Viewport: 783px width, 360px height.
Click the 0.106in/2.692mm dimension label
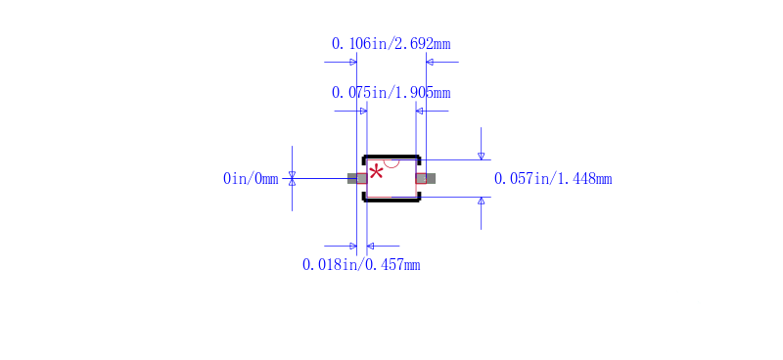[391, 44]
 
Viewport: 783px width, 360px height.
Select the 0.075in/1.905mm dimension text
[391, 93]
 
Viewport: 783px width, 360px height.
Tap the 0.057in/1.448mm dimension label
[553, 178]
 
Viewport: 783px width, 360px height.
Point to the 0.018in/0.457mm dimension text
[361, 265]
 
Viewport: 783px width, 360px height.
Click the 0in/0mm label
[251, 178]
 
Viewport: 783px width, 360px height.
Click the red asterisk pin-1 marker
[376, 174]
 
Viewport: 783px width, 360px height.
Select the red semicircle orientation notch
[391, 163]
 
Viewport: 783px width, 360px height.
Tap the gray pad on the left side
[357, 178]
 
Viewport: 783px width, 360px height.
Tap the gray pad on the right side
[426, 178]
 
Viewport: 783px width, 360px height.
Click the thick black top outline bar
[391, 157]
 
